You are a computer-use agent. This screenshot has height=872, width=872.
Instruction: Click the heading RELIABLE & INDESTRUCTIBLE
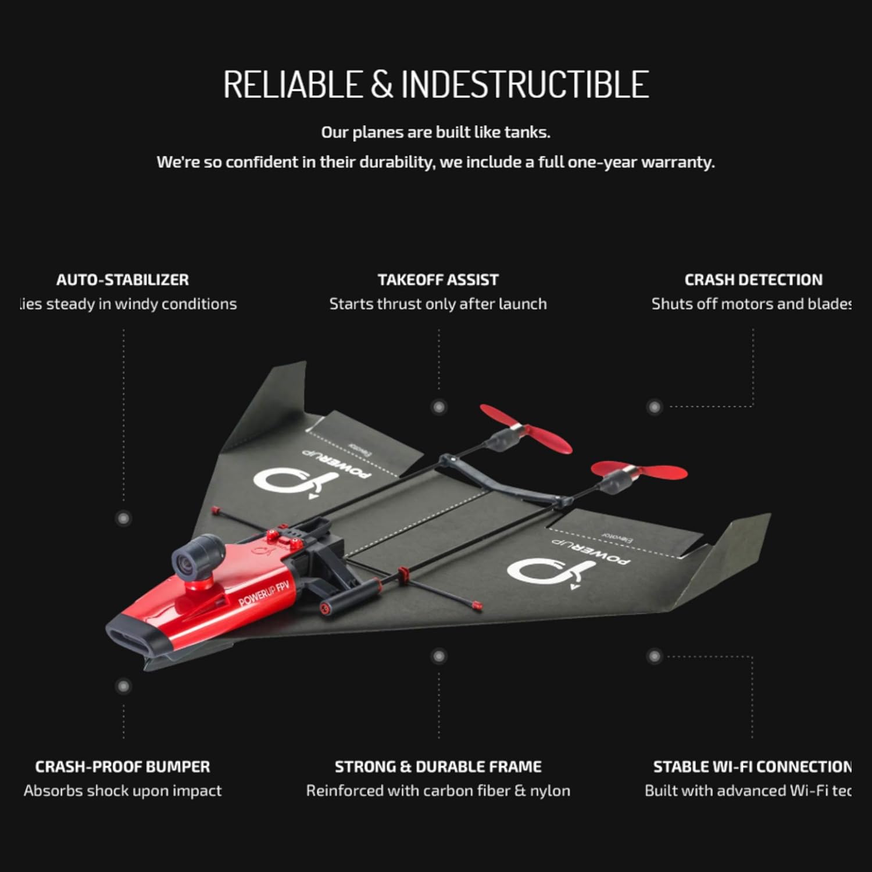click(436, 84)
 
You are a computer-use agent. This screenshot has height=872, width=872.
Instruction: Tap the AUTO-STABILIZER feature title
click(123, 280)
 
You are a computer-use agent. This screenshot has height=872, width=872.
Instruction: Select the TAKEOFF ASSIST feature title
click(438, 280)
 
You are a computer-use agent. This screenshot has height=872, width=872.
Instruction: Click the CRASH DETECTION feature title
click(753, 280)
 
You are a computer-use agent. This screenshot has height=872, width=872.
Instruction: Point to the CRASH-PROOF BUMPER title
click(123, 767)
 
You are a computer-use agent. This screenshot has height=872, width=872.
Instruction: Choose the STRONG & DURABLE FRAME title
click(438, 767)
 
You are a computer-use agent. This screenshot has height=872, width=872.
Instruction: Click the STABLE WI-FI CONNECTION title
click(752, 767)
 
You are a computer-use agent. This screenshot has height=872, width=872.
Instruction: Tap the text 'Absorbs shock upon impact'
click(123, 791)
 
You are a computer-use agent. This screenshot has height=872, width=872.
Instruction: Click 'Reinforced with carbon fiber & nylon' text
click(438, 791)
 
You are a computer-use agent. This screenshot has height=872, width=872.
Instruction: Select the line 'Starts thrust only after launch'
click(438, 303)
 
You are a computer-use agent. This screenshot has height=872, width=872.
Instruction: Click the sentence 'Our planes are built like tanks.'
click(435, 133)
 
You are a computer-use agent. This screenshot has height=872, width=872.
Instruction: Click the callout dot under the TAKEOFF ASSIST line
click(439, 407)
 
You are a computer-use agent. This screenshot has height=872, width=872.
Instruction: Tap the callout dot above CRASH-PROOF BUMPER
click(123, 687)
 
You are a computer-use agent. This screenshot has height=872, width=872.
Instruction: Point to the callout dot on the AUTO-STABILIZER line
click(123, 518)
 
